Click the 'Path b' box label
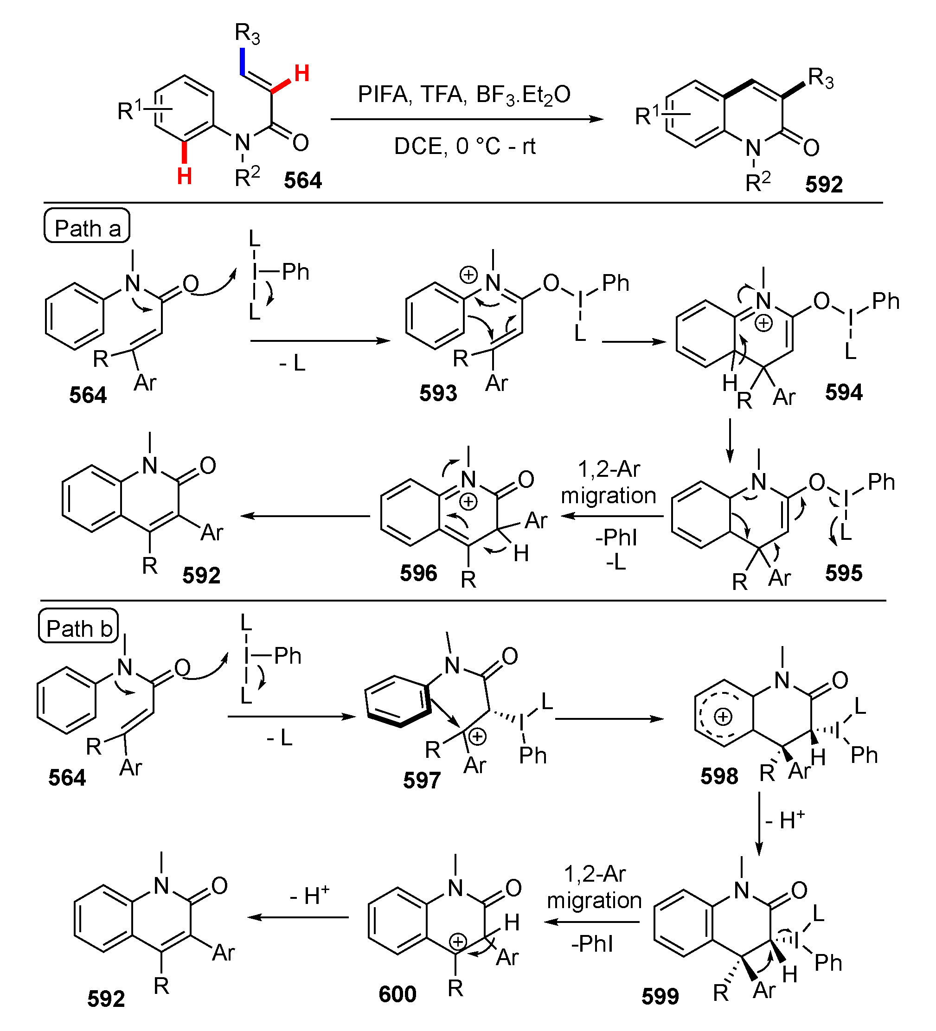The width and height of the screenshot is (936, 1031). tap(79, 628)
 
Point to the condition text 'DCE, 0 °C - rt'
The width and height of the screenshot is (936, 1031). tap(464, 147)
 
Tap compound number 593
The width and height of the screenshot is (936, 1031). tap(438, 393)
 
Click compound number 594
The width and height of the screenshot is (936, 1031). tap(843, 392)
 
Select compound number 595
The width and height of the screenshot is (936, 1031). tap(843, 573)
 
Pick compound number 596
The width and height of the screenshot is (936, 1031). tap(418, 573)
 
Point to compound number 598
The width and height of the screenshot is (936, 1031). tap(719, 776)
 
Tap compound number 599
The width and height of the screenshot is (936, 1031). tap(660, 996)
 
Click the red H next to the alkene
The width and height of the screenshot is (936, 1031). tap(302, 74)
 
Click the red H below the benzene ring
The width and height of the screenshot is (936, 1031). tap(184, 176)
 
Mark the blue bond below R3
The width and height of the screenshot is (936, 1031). tap(242, 61)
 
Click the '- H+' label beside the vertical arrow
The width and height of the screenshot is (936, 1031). tap(785, 820)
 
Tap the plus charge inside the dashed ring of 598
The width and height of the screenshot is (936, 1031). tap(723, 717)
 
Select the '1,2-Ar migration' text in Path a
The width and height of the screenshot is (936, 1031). tap(609, 482)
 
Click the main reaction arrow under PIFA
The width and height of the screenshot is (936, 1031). tap(467, 120)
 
